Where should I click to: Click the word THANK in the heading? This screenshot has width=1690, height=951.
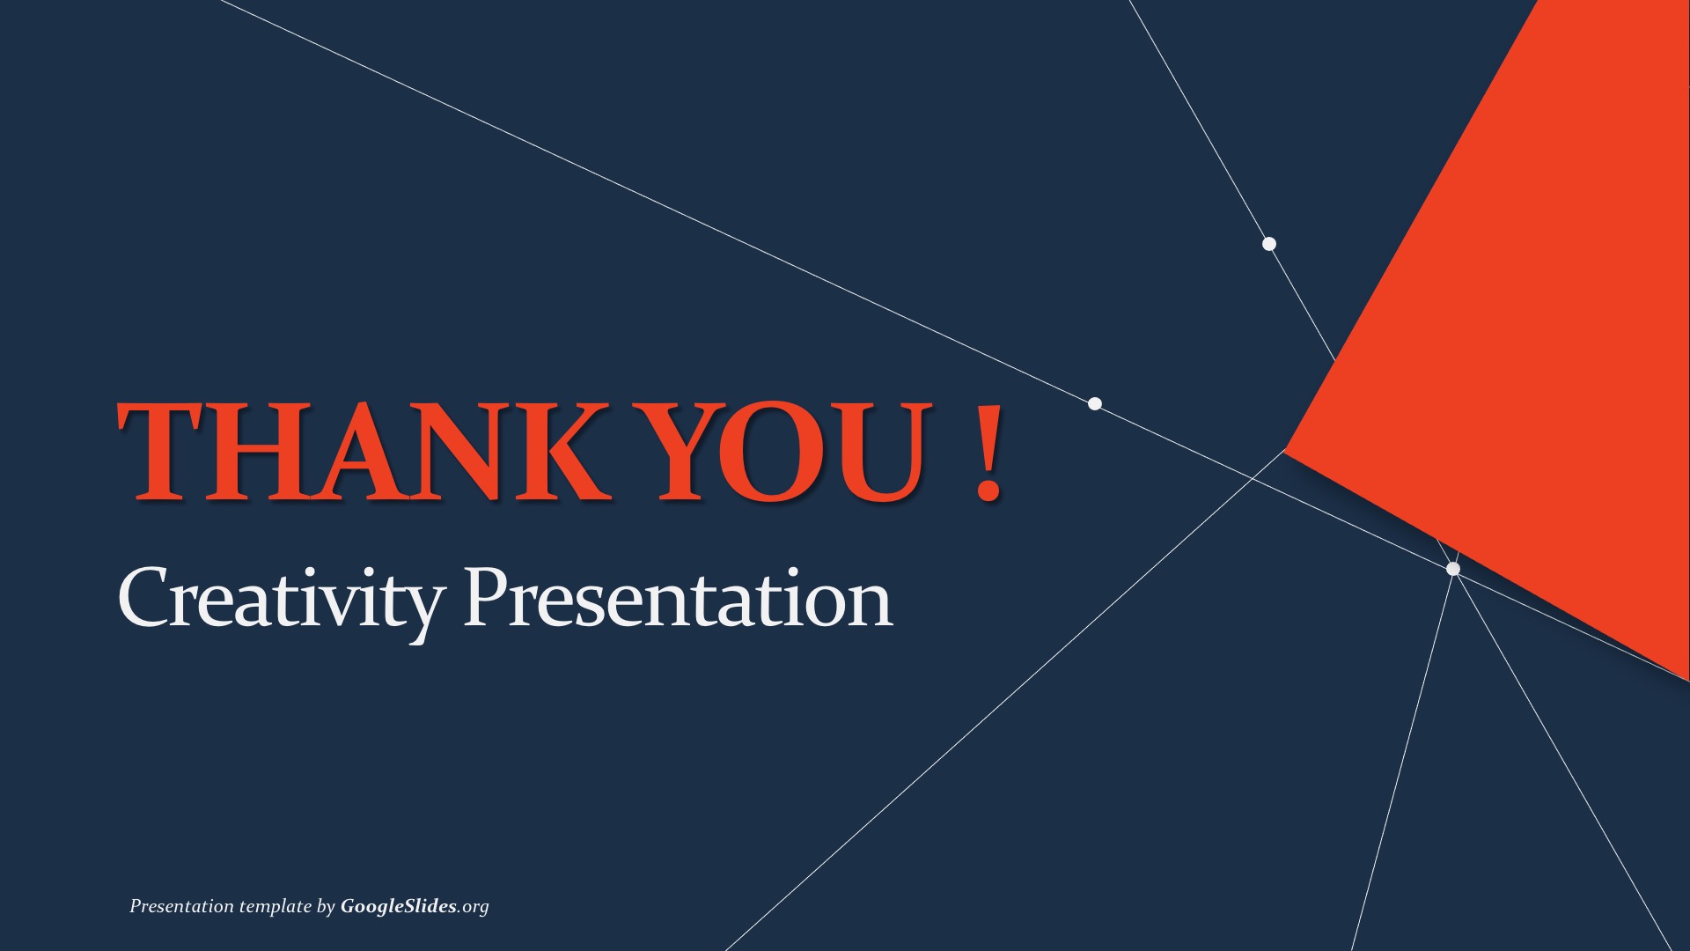pyautogui.click(x=364, y=451)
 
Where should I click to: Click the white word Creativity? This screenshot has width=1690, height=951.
pyautogui.click(x=280, y=601)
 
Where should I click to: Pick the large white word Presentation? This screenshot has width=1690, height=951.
pyautogui.click(x=678, y=596)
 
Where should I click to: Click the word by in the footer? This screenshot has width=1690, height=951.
pyautogui.click(x=326, y=907)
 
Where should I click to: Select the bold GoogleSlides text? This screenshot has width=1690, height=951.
pyautogui.click(x=399, y=906)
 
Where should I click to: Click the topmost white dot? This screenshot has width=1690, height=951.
pyautogui.click(x=1269, y=244)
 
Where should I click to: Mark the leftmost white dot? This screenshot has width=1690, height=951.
pyautogui.click(x=1095, y=404)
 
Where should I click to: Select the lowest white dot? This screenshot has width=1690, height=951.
pyautogui.click(x=1453, y=569)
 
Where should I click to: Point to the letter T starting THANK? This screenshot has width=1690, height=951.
pyautogui.click(x=164, y=451)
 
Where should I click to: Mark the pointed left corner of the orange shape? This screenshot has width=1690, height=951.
pyautogui.click(x=1285, y=451)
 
